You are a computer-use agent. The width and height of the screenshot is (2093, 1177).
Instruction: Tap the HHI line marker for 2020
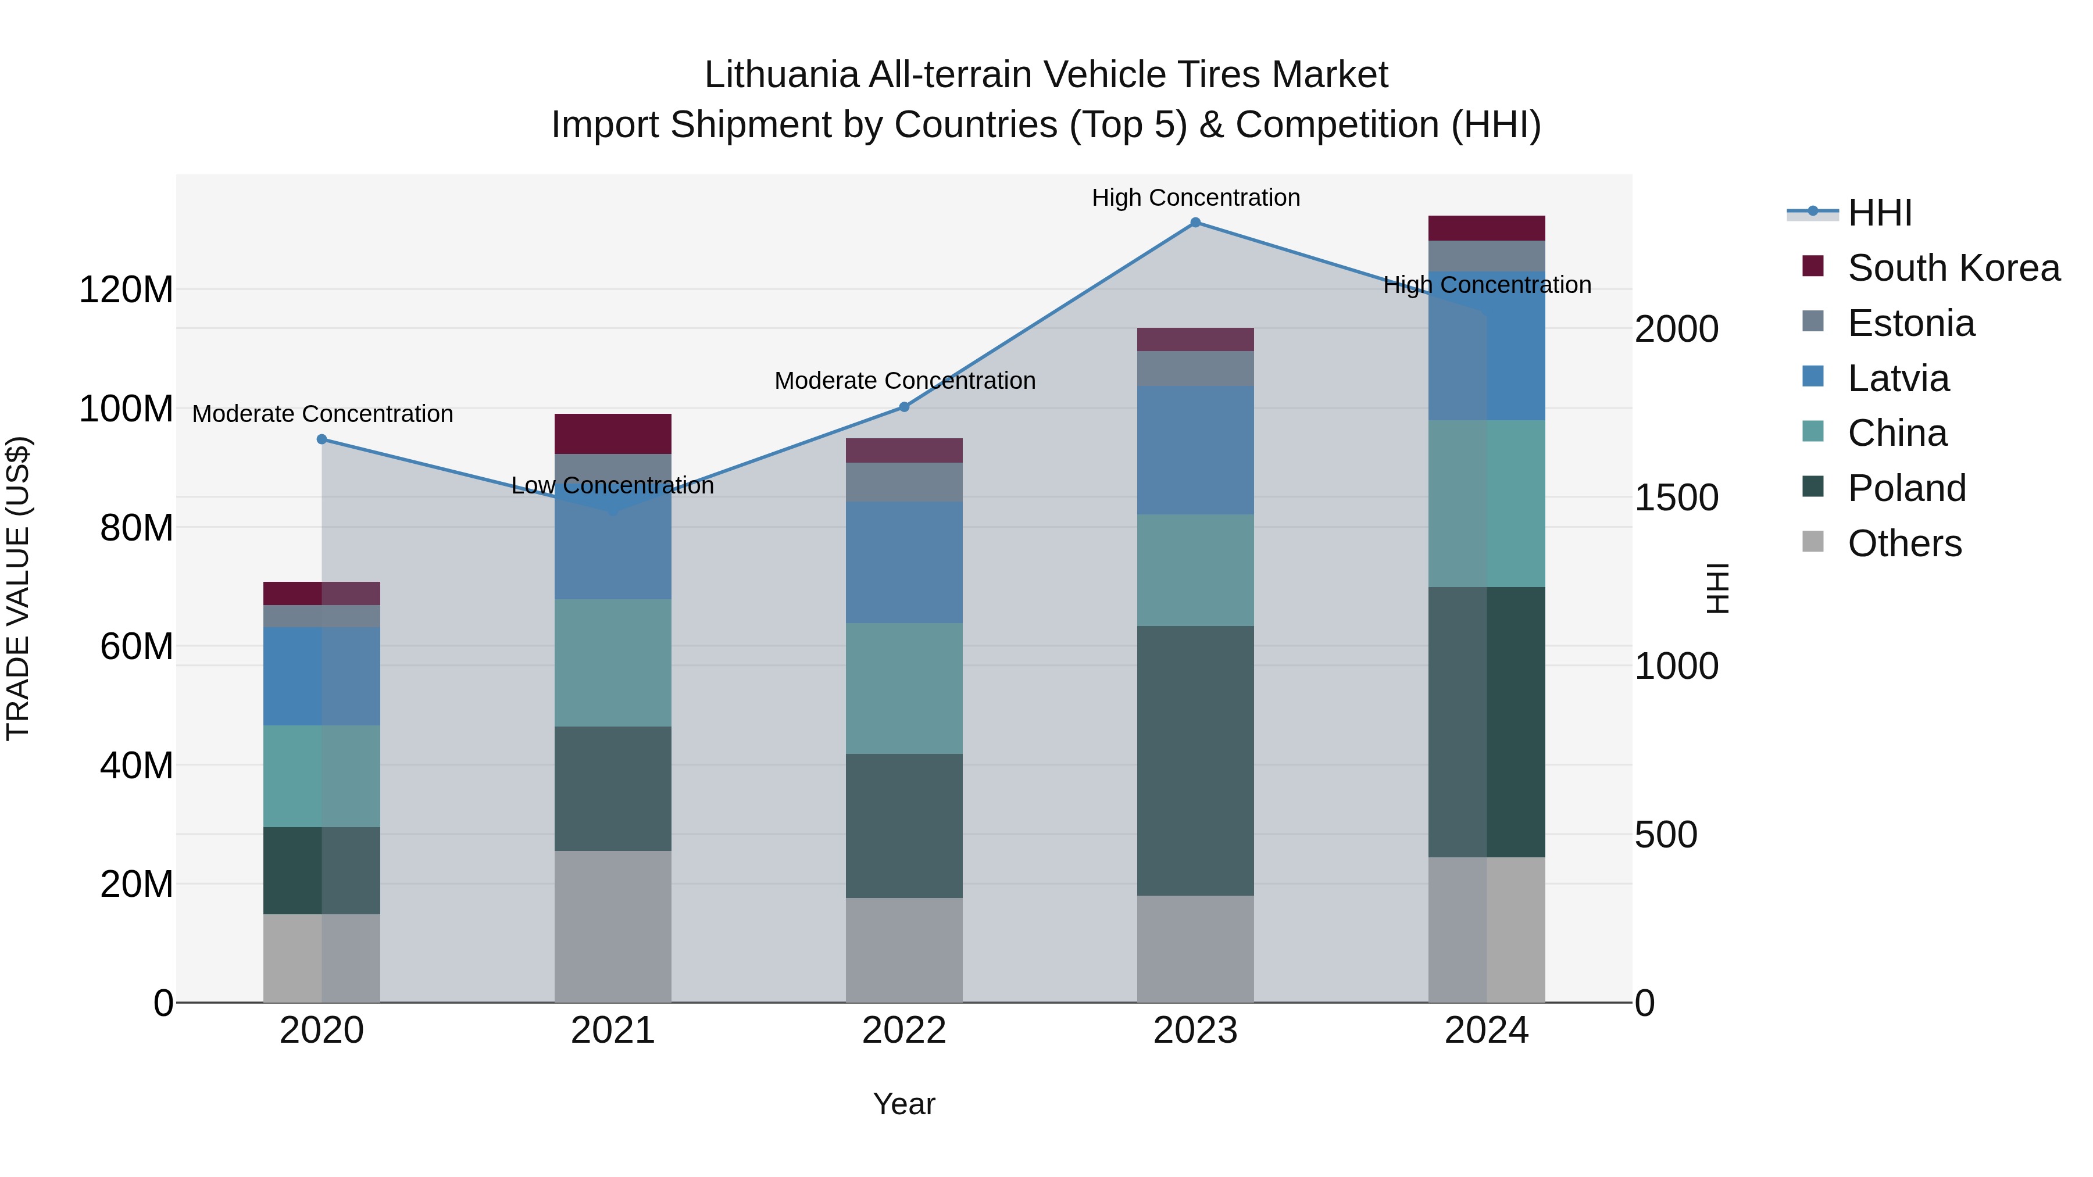click(322, 439)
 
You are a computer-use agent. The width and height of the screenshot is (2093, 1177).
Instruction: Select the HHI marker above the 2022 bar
click(903, 407)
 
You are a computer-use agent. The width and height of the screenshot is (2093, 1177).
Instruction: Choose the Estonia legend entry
click(1910, 323)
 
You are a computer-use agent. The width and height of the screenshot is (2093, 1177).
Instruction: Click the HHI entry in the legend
click(1879, 213)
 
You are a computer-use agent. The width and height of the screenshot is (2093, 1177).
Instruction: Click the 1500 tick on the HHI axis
click(1676, 498)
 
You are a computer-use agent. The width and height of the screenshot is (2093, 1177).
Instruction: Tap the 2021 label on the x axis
click(613, 1031)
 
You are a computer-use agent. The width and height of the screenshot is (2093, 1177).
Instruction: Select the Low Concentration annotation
click(613, 486)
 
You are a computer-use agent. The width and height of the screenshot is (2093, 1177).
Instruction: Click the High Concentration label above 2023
click(1195, 198)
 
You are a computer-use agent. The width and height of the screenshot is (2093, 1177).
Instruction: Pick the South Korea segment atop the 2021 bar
click(613, 434)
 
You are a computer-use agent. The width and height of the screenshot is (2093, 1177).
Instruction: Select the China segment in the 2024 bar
click(1486, 503)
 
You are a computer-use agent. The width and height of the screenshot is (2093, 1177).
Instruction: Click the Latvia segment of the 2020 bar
click(322, 676)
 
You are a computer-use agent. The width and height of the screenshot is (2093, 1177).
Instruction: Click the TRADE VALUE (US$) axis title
click(18, 588)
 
